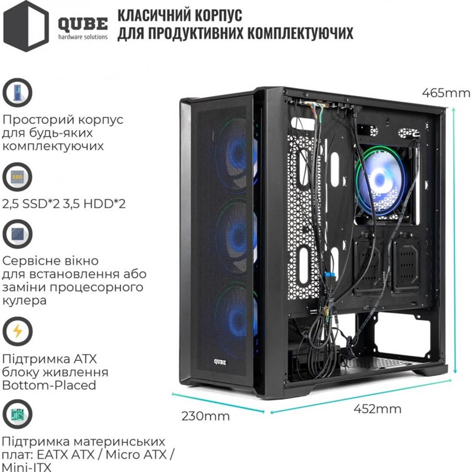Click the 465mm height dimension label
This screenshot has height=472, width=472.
coord(446,92)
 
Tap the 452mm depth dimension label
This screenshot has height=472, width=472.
coord(378,409)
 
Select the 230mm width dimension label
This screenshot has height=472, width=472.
coord(206,416)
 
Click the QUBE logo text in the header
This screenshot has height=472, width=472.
coord(83,24)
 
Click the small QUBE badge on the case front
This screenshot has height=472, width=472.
coord(220,362)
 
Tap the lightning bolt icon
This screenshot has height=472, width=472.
coord(17,331)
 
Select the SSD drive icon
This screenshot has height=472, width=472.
coord(17,177)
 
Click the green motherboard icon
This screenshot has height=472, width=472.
coord(17,414)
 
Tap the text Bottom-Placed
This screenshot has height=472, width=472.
coord(49,385)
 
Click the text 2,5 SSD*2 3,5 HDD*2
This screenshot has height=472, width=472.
coord(64,204)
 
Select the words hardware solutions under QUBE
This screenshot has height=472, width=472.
coord(83,37)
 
